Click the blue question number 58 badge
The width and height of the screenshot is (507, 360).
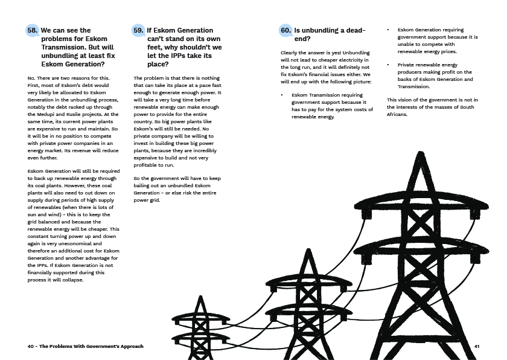[33, 30]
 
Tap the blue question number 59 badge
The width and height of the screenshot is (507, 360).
[138, 30]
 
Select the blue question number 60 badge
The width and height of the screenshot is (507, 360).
[285, 30]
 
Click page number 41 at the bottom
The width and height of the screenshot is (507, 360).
[477, 346]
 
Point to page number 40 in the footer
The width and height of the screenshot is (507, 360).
[31, 346]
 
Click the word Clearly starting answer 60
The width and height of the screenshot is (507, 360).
[291, 53]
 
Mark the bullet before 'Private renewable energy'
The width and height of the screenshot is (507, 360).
[388, 64]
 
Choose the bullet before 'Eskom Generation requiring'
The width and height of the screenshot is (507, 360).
[388, 30]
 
